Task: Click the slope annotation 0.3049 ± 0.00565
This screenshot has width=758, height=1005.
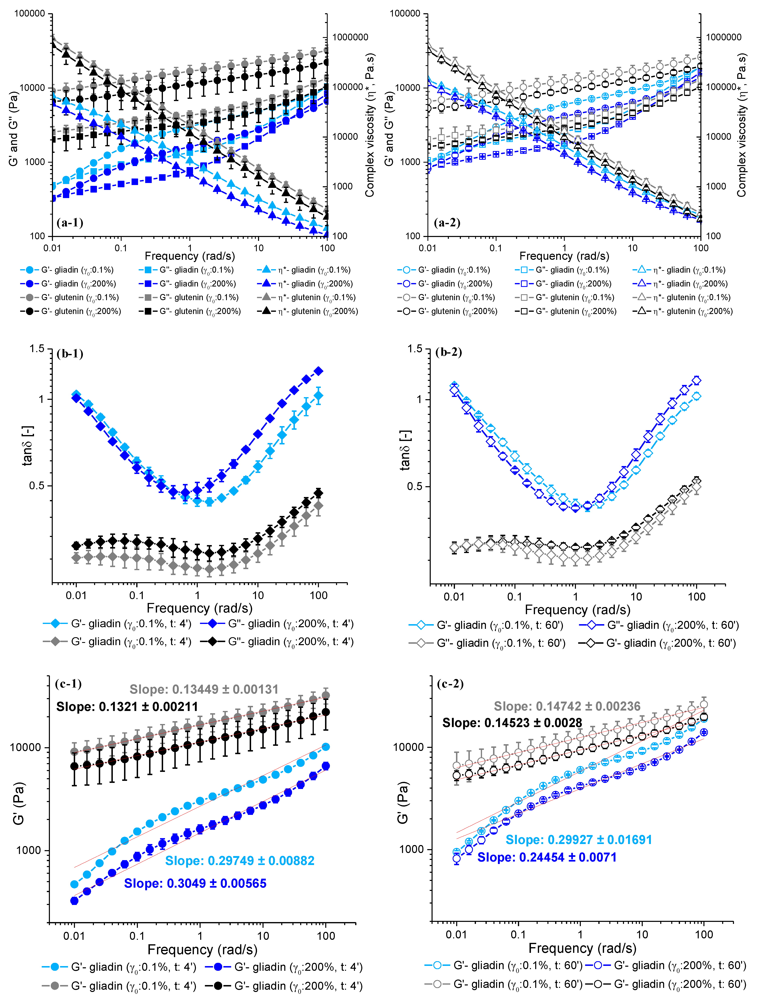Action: (195, 883)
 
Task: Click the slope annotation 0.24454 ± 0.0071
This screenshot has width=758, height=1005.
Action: (547, 857)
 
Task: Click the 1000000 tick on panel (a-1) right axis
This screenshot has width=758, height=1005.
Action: (350, 37)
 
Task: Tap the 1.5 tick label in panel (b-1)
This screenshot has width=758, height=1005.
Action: (37, 349)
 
